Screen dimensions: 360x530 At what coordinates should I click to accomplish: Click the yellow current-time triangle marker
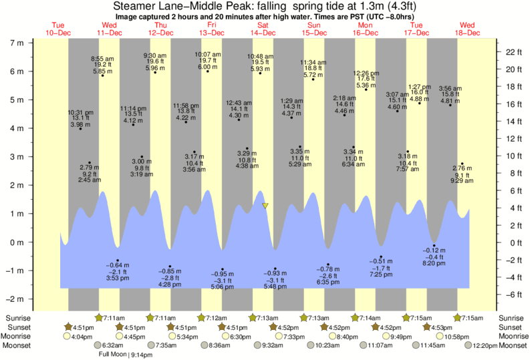point(265,206)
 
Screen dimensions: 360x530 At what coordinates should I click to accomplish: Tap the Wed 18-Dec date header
point(467,29)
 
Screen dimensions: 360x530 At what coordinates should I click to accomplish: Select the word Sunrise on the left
point(17,318)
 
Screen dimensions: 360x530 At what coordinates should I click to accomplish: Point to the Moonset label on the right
point(512,346)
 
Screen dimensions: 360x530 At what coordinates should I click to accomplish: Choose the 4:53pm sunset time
point(440,327)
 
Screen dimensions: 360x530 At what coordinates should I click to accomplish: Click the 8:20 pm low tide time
point(434,264)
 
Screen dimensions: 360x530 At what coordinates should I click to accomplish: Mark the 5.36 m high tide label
point(365,85)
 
